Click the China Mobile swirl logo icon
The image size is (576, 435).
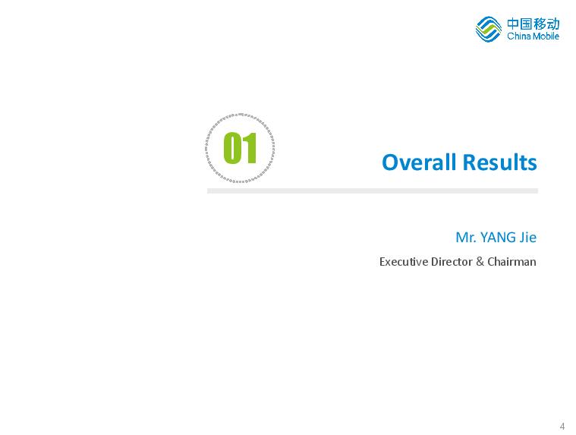click(x=488, y=29)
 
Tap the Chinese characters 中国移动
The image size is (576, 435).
click(x=533, y=24)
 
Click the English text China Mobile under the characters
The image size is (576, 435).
click(x=533, y=36)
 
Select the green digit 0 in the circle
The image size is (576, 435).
click(x=232, y=148)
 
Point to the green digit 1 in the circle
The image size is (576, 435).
click(x=250, y=148)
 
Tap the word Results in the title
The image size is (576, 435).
click(x=499, y=162)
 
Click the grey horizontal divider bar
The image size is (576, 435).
click(x=373, y=191)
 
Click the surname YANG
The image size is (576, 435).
click(x=498, y=238)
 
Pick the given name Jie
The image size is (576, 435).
click(x=527, y=238)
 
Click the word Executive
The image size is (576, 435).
click(x=403, y=262)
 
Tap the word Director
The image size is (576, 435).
click(x=452, y=262)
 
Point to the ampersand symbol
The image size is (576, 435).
click(x=480, y=262)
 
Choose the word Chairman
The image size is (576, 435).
click(x=511, y=262)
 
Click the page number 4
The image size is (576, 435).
click(x=562, y=427)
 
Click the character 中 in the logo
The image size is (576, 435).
click(x=513, y=24)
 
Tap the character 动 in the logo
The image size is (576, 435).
click(x=553, y=24)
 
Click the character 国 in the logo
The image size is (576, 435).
click(x=526, y=24)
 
